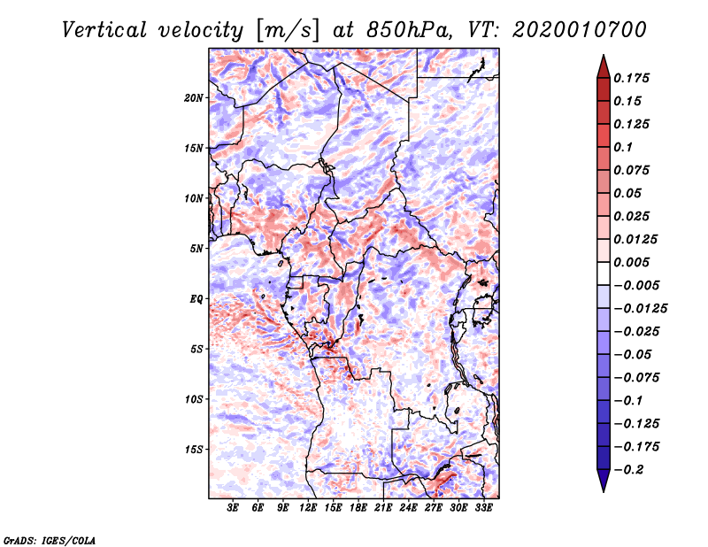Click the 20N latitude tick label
pyautogui.click(x=194, y=97)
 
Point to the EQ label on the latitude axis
pyautogui.click(x=196, y=299)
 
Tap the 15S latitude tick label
pyautogui.click(x=194, y=450)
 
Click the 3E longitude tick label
pyautogui.click(x=233, y=508)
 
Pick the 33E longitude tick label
pyautogui.click(x=483, y=508)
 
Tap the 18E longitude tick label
pyautogui.click(x=358, y=508)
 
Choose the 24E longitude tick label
pyautogui.click(x=408, y=508)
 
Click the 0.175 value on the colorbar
pyautogui.click(x=633, y=78)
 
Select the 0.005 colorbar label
pyautogui.click(x=633, y=262)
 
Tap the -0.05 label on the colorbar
pyautogui.click(x=632, y=354)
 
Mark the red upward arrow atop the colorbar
pyautogui.click(x=602, y=64)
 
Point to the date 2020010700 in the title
pyautogui.click(x=580, y=30)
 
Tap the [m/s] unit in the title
pyautogui.click(x=287, y=30)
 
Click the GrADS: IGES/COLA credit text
pyautogui.click(x=50, y=539)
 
